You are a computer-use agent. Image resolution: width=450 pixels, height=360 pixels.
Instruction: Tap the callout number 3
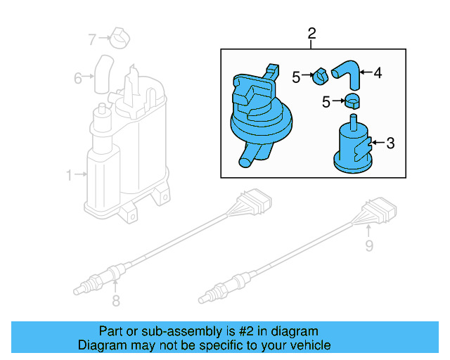tap(390, 143)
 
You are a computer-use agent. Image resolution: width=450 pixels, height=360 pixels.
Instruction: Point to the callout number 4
tap(377, 72)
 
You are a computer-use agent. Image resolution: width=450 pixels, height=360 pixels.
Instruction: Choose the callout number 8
tap(116, 302)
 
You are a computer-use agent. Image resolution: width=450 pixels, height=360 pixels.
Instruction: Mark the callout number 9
tap(368, 245)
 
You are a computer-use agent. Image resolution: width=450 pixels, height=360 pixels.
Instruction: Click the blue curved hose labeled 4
tap(345, 70)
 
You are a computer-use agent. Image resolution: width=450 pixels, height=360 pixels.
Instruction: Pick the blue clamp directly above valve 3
tap(352, 101)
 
